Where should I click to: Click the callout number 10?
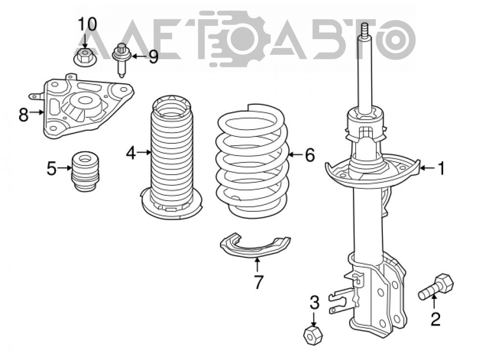coord(88,24)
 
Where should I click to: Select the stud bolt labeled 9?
coord(121,60)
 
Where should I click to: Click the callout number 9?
coord(153,57)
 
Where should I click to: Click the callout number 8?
coord(23,114)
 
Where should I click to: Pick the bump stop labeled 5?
coord(86,172)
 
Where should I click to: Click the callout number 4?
coord(131,153)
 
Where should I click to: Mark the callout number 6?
coord(310,155)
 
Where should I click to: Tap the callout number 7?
coord(259,282)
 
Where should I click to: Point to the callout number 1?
coord(441,168)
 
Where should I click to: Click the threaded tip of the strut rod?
coord(365,30)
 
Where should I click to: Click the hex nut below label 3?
coord(313,336)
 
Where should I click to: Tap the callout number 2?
coord(435,319)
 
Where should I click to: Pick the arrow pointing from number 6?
coord(296,155)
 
